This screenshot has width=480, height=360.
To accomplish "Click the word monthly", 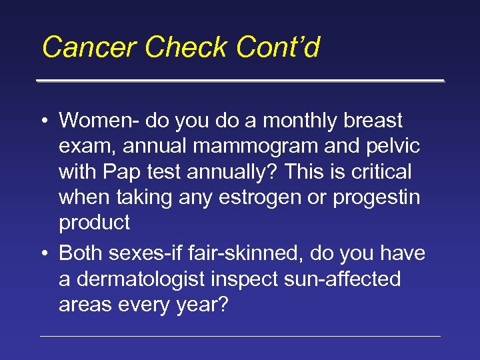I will pos(305,121).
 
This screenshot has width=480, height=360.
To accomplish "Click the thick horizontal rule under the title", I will pos(240,81).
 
